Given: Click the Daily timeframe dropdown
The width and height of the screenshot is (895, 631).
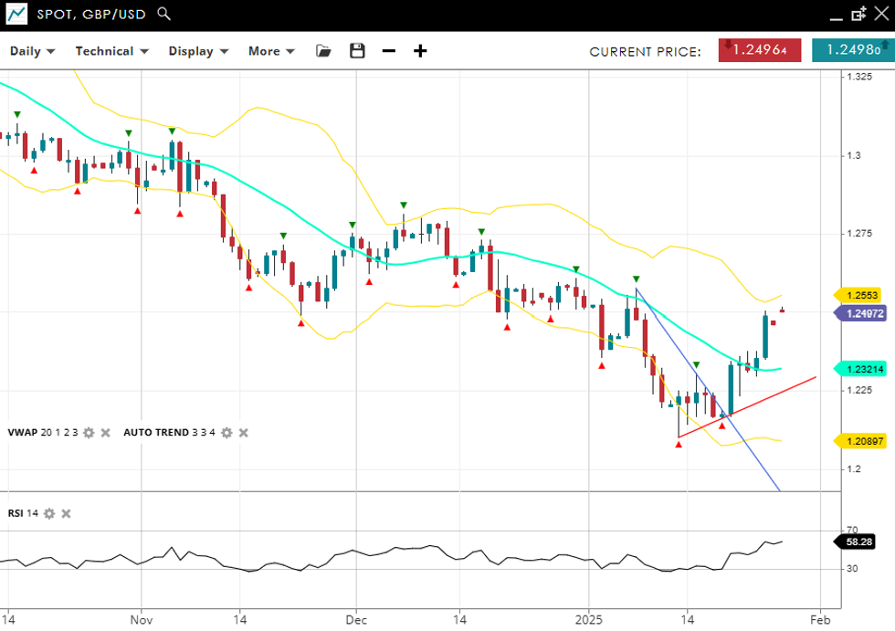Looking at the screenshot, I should pyautogui.click(x=32, y=51).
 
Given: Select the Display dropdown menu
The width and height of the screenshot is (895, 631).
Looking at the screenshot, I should pyautogui.click(x=196, y=51).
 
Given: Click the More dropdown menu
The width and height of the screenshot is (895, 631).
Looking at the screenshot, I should pyautogui.click(x=271, y=51).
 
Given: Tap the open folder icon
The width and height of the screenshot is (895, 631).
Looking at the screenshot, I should pyautogui.click(x=323, y=51).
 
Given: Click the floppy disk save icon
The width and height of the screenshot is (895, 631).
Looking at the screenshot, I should pyautogui.click(x=357, y=51).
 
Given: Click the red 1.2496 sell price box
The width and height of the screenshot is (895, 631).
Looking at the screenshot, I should pyautogui.click(x=760, y=50).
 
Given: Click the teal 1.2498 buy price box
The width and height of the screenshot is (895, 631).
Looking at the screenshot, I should pyautogui.click(x=852, y=50).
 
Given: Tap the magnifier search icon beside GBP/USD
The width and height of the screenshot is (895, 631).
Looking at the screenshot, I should pyautogui.click(x=163, y=14).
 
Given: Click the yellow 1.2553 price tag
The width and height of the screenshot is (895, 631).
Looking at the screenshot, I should pyautogui.click(x=860, y=295).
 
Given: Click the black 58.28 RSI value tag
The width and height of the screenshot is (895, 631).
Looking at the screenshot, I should pyautogui.click(x=858, y=542).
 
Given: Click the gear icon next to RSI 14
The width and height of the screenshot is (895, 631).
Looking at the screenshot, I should pyautogui.click(x=49, y=513).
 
